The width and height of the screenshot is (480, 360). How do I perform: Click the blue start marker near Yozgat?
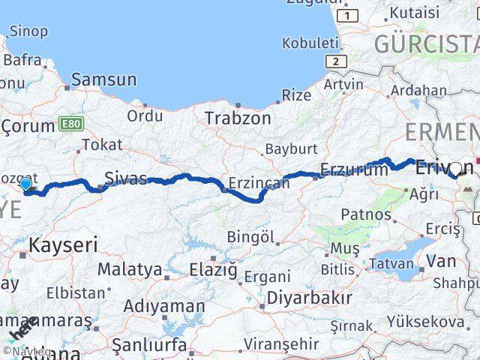coord(26,184)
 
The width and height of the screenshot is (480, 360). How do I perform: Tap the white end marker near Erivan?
coord(454,169)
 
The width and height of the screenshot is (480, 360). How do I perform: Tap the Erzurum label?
coord(354,169)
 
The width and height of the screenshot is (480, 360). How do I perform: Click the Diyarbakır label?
coord(309,297)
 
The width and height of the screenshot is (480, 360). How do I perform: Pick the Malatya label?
coord(129,268)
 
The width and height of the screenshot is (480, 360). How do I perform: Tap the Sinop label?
coord(28,31)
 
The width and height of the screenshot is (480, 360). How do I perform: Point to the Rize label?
coord(295,95)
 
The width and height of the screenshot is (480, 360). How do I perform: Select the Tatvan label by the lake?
coord(391,263)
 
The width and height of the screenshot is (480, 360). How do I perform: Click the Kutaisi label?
coord(414,12)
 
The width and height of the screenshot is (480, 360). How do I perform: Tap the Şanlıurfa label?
coord(148,345)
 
